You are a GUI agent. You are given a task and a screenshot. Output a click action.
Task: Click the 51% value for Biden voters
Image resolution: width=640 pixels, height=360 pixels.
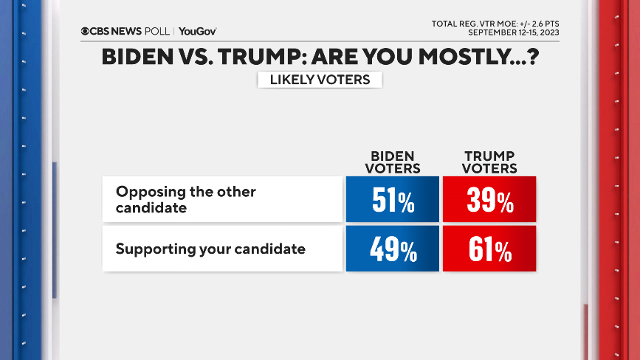pos(393,200)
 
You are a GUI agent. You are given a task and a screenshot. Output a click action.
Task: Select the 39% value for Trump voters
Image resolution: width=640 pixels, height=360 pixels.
pos(489,200)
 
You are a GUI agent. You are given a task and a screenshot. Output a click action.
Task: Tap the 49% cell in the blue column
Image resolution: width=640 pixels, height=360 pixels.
pos(393,250)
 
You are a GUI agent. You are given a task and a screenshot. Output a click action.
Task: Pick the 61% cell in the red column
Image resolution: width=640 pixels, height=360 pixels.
pos(489,250)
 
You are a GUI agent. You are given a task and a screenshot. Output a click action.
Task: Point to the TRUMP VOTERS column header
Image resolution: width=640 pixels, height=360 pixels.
pos(490,162)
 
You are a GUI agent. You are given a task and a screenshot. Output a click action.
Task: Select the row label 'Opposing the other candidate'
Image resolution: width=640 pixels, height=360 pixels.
pos(185,199)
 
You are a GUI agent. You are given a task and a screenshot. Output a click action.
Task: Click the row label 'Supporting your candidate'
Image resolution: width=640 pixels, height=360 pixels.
pos(210,249)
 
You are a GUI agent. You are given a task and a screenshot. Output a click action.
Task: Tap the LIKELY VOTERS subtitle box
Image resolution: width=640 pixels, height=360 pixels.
pos(320,79)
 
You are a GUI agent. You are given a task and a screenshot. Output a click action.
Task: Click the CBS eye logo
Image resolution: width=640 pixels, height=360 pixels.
pos(85,32)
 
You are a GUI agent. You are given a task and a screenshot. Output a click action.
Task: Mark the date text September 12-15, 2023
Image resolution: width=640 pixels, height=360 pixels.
pos(513,33)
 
